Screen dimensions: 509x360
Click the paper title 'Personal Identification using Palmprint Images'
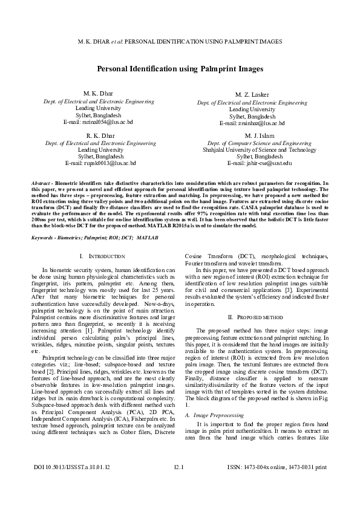pos(180,69)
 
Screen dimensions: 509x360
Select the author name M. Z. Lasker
pos(252,95)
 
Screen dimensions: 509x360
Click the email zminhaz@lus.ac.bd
pos(252,123)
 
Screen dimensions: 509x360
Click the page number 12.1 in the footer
pos(179,484)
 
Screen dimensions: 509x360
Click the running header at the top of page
pos(180,42)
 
